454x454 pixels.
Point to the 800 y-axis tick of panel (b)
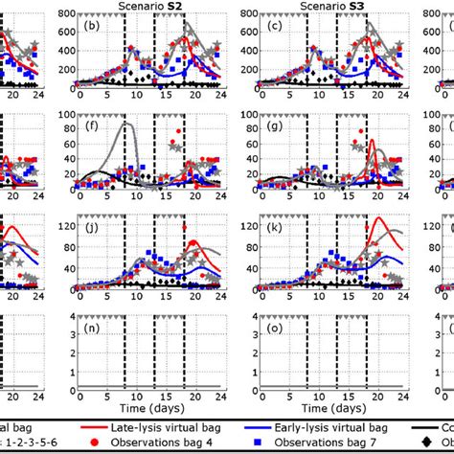click(x=66, y=14)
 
